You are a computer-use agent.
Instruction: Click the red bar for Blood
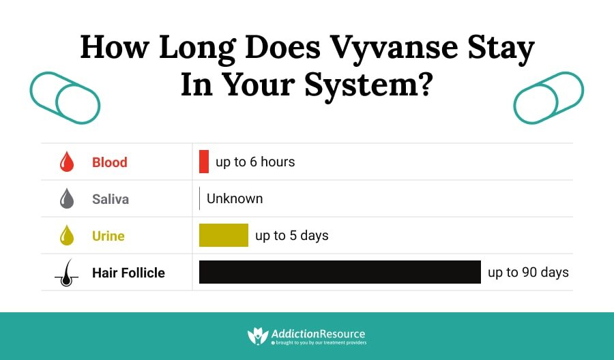pyautogui.click(x=204, y=162)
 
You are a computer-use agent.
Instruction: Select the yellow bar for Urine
pyautogui.click(x=223, y=235)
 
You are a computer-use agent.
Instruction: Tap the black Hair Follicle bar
pyautogui.click(x=340, y=272)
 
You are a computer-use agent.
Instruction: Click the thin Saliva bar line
pyautogui.click(x=199, y=198)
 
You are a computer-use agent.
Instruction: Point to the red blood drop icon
pyautogui.click(x=67, y=162)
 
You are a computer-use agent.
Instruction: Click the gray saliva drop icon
pyautogui.click(x=67, y=199)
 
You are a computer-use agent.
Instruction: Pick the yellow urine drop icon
pyautogui.click(x=67, y=236)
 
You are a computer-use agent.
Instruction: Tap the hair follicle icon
pyautogui.click(x=66, y=273)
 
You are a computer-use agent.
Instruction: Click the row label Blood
pyautogui.click(x=110, y=162)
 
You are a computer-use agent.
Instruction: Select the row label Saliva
pyautogui.click(x=111, y=199)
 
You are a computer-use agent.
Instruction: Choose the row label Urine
pyautogui.click(x=108, y=236)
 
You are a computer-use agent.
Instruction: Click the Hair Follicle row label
pyautogui.click(x=128, y=273)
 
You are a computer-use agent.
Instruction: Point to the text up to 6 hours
pyautogui.click(x=255, y=162)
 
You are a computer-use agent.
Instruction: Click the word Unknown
pyautogui.click(x=235, y=199)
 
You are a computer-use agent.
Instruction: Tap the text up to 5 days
pyautogui.click(x=292, y=236)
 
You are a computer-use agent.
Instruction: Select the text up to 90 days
pyautogui.click(x=528, y=273)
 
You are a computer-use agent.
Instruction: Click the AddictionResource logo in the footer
pyautogui.click(x=306, y=335)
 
